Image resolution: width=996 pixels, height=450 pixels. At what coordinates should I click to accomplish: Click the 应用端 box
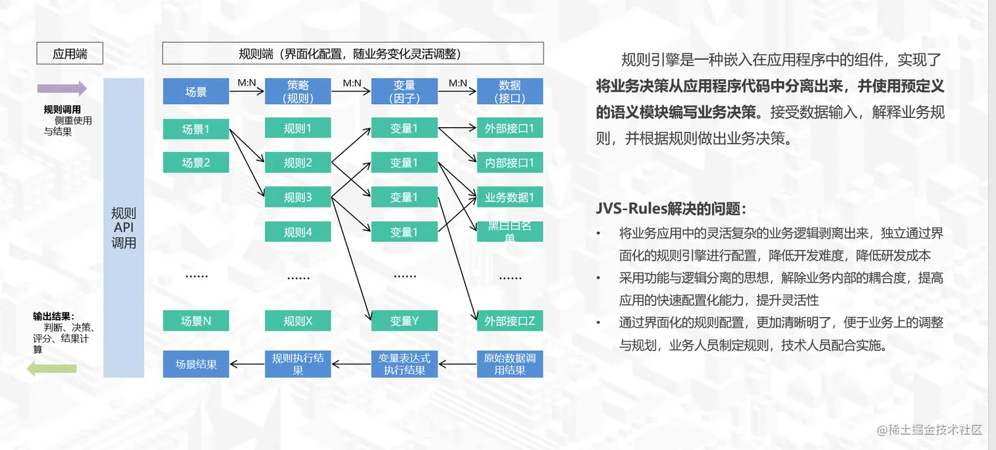pos(70,53)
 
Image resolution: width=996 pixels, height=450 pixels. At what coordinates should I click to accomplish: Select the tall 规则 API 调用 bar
pos(124,227)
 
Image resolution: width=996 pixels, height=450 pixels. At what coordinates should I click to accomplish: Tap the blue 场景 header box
pos(196,92)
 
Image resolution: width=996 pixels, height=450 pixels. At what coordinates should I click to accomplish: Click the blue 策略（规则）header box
pos(298,92)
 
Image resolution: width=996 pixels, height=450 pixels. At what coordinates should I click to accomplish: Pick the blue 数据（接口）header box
pos(510,92)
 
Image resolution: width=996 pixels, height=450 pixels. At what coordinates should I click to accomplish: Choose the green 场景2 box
pos(196,162)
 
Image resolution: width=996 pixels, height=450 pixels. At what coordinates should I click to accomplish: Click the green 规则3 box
pos(298,197)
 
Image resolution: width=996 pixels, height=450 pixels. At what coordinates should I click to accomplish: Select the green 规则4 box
pos(298,231)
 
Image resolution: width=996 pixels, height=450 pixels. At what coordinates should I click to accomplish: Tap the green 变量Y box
pos(404,321)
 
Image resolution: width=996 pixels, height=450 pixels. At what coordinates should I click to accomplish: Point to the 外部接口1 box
pos(510,128)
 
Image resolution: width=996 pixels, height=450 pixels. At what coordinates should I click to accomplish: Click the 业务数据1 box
pos(510,197)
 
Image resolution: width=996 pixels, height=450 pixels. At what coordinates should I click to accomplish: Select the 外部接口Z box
pos(510,321)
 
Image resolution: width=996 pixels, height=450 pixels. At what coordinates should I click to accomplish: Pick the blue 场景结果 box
pos(196,364)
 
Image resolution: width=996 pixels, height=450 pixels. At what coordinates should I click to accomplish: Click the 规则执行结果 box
pos(298,364)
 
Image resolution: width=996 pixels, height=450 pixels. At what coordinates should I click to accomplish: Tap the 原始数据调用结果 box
pos(510,364)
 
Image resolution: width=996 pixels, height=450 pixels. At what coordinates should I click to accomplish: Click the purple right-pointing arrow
pos(62,88)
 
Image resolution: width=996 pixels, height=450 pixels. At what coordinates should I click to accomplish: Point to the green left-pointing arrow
pos(51,369)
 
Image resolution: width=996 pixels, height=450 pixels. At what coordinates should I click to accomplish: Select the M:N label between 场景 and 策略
pos(246,83)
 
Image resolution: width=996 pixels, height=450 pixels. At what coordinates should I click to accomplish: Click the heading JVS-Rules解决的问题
pos(671,209)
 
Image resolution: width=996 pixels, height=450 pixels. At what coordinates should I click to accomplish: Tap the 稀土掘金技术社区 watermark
pos(929,430)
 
